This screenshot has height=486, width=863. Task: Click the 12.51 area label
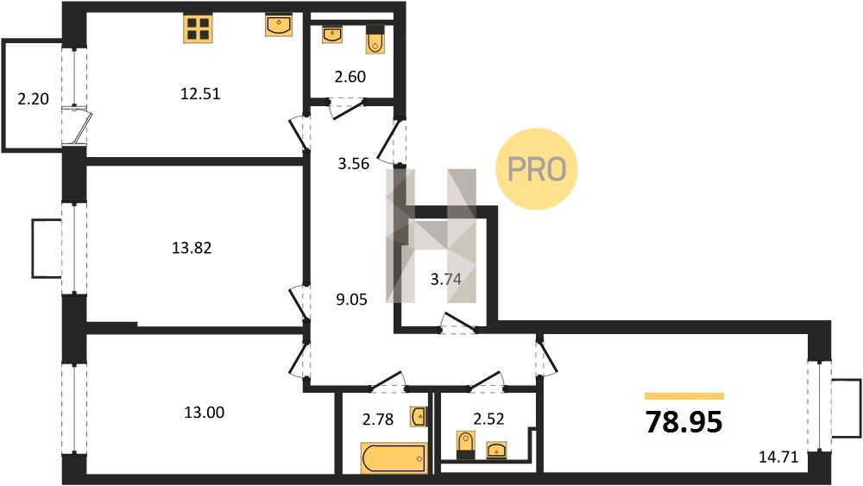pos(200,94)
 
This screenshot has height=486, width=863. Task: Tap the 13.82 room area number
pos(192,249)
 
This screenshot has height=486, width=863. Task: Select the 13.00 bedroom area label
pos(205,413)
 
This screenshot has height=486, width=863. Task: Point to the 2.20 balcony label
pos(34,99)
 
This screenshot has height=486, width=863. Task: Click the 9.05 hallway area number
pos(352,300)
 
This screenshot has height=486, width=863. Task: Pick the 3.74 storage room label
pos(446,280)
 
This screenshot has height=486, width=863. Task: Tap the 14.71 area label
pos(778,457)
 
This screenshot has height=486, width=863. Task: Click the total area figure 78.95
pos(684,422)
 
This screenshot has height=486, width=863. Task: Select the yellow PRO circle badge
pos(537,169)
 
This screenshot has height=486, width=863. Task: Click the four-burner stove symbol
pos(198,29)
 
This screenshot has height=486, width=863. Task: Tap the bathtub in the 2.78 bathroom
pos(394,458)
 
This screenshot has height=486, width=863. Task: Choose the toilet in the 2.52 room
pos(466,445)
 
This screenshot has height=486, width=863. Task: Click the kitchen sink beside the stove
pos(279,26)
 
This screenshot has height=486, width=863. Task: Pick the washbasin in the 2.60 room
pos(332,35)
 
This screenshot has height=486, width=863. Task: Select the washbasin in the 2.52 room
pos(497,451)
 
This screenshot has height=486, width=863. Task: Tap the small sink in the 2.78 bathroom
pos(419,417)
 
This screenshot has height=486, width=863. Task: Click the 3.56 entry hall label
pos(353,164)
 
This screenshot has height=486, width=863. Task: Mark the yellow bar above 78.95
pos(684,395)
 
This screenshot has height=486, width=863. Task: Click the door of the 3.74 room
pos(459,323)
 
